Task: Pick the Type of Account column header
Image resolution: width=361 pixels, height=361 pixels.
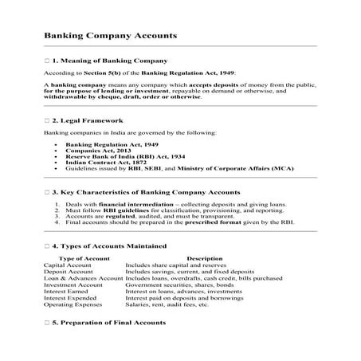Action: (x=83, y=258)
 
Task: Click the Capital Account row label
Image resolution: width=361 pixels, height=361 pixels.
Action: (x=67, y=265)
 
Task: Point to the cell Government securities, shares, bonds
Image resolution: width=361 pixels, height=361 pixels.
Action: (x=175, y=284)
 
